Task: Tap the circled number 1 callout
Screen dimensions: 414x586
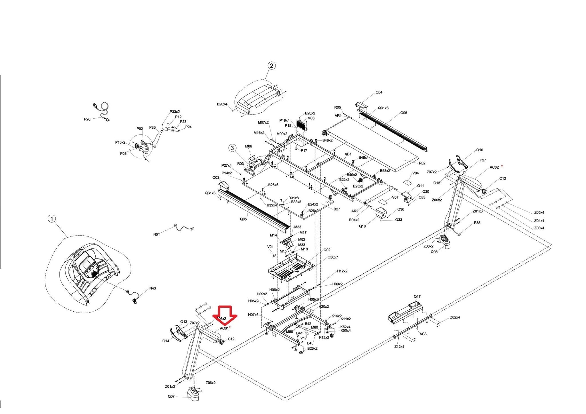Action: [x=52, y=219]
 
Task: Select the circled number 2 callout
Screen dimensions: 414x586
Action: [x=271, y=65]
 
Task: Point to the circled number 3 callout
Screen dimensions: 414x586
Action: [x=232, y=148]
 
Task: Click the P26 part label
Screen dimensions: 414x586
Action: [x=87, y=119]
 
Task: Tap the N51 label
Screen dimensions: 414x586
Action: [x=156, y=234]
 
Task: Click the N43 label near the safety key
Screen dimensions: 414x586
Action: [x=153, y=288]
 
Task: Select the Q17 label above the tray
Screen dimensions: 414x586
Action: [x=417, y=296]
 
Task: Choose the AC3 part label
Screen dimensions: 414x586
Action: [x=423, y=334]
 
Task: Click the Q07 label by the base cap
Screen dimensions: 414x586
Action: [x=171, y=396]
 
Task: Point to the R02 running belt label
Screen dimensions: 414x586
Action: [x=422, y=163]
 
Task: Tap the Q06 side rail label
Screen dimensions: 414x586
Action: [x=403, y=113]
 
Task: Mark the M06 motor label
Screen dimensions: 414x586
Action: [x=248, y=146]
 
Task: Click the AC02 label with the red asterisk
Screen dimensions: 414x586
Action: [x=494, y=168]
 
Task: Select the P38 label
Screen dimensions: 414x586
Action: [x=477, y=223]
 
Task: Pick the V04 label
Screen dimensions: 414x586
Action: [x=415, y=173]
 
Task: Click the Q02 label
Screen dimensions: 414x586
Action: [x=327, y=250]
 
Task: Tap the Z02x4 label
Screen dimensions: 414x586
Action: [x=455, y=317]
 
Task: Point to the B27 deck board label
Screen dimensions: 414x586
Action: [x=337, y=209]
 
